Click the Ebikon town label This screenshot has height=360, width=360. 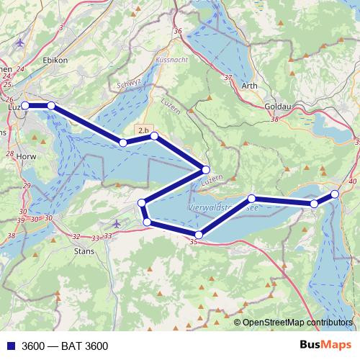[55, 60]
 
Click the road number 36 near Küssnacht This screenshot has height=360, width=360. [178, 31]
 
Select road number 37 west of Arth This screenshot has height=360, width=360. [229, 77]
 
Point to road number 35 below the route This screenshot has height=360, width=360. [193, 243]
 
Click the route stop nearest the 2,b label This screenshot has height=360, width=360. [154, 135]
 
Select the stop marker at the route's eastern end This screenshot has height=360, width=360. [335, 194]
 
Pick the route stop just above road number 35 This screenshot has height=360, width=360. [199, 233]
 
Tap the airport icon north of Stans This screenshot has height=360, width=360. [118, 224]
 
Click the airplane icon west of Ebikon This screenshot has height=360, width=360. [19, 41]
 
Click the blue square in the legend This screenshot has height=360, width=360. [10, 346]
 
